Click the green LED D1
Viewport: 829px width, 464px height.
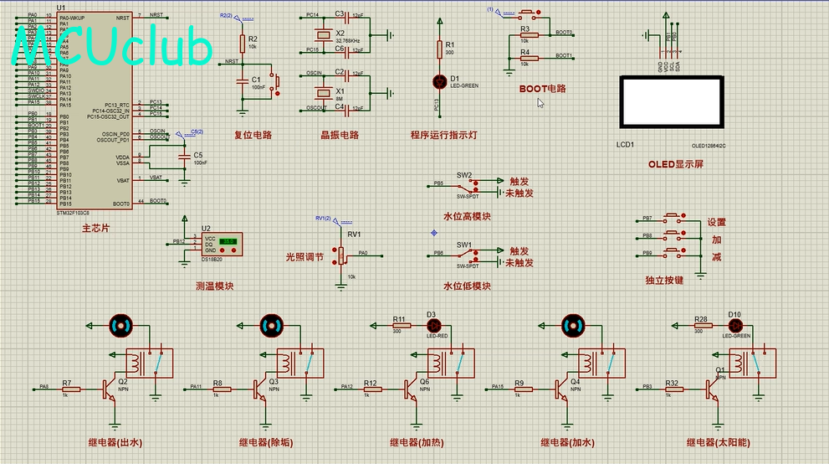click(x=438, y=80)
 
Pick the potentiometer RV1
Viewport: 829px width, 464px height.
click(x=340, y=255)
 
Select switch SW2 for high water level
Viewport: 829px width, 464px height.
click(x=465, y=186)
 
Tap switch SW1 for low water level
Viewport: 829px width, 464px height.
click(x=465, y=255)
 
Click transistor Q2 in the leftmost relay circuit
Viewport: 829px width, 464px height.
click(x=109, y=388)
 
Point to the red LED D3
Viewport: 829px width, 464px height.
click(x=432, y=324)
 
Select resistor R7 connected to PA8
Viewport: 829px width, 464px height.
click(x=71, y=389)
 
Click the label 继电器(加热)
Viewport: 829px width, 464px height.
click(x=416, y=442)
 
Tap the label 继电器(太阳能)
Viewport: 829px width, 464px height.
click(x=719, y=442)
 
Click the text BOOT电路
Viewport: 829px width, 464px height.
click(x=542, y=89)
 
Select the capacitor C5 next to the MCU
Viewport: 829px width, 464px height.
click(x=185, y=156)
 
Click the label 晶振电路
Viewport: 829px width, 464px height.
click(x=340, y=135)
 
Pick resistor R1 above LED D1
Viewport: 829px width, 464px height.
click(x=438, y=49)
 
